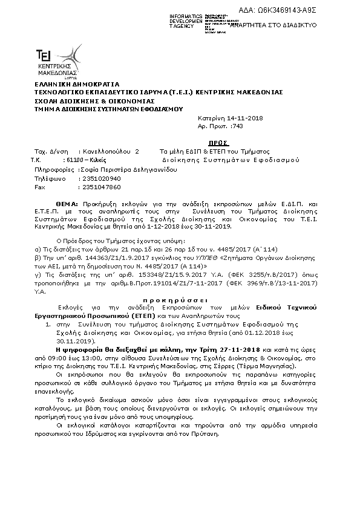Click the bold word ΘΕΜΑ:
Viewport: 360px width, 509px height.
[x=68, y=205]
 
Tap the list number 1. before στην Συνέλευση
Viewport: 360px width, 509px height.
[x=48, y=325]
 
